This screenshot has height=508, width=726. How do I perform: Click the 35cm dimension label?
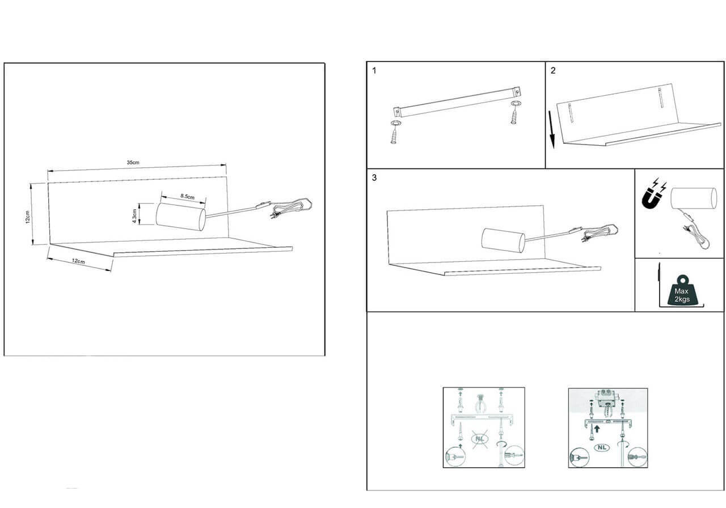133,162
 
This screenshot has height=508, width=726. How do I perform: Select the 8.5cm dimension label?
187,196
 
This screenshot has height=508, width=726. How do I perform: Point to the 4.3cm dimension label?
134,216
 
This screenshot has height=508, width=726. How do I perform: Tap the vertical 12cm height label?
28,217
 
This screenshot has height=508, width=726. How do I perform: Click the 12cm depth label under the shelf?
78,261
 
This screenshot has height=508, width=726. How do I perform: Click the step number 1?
374,71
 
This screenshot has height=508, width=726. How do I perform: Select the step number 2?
553,71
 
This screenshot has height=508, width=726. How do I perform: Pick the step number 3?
374,177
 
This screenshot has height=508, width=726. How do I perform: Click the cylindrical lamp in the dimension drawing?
180,217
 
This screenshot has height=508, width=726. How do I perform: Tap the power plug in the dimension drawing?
274,215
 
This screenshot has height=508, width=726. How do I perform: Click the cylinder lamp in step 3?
503,240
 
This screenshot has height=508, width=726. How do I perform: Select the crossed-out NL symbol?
479,439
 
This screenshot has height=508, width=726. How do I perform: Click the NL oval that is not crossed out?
602,447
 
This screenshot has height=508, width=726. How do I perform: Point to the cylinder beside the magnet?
694,198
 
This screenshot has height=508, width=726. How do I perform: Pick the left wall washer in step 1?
395,124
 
